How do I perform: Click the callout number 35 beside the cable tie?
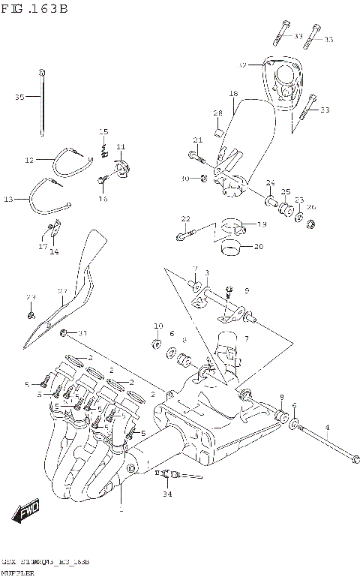pos(19,97)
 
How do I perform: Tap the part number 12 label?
pos(29,160)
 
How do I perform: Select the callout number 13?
pos(8,199)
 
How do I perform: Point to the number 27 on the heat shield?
pos(63,291)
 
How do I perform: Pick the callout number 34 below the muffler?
pos(166,494)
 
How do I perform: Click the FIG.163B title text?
pos(34,9)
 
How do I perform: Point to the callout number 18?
pos(233,94)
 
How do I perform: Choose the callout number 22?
pos(184,218)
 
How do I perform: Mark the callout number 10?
pos(157,326)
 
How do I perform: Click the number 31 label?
pos(83,333)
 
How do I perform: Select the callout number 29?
pos(31,297)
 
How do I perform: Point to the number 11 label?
pos(120,146)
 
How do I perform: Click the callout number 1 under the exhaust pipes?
pos(121,509)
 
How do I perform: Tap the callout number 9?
pos(245,290)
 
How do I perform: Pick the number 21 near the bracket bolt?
pos(198,140)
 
